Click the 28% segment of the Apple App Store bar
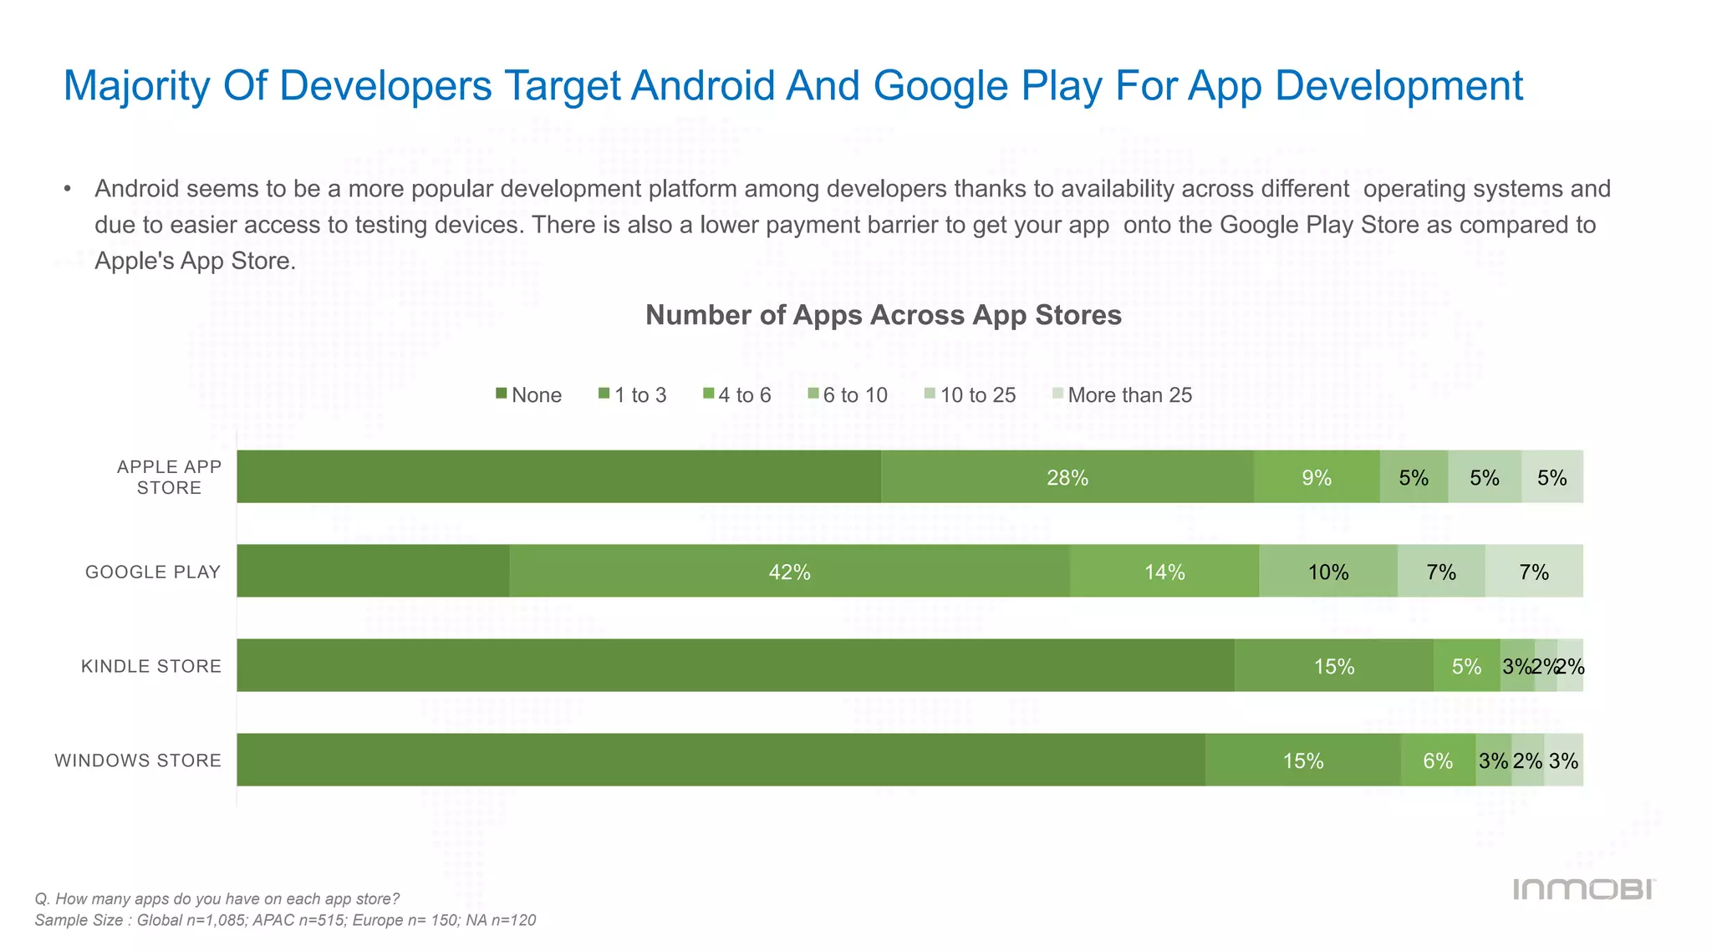coord(1067,477)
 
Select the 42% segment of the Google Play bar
coord(789,572)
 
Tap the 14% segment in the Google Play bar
coord(1164,572)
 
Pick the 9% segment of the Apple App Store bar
coord(1317,477)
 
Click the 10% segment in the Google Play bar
coord(1328,572)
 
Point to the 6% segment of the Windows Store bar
coord(1438,760)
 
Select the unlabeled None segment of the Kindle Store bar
coord(736,666)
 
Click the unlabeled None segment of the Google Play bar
coord(373,572)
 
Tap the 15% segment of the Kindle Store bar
coord(1334,666)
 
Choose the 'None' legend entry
coord(529,395)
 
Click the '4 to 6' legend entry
coord(736,395)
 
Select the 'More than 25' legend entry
coord(1122,395)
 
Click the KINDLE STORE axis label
coord(151,666)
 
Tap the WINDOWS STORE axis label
coord(138,760)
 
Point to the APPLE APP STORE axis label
coord(169,477)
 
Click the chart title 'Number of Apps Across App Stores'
coord(884,315)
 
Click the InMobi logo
coord(1584,889)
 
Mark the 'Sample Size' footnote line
coord(285,920)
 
